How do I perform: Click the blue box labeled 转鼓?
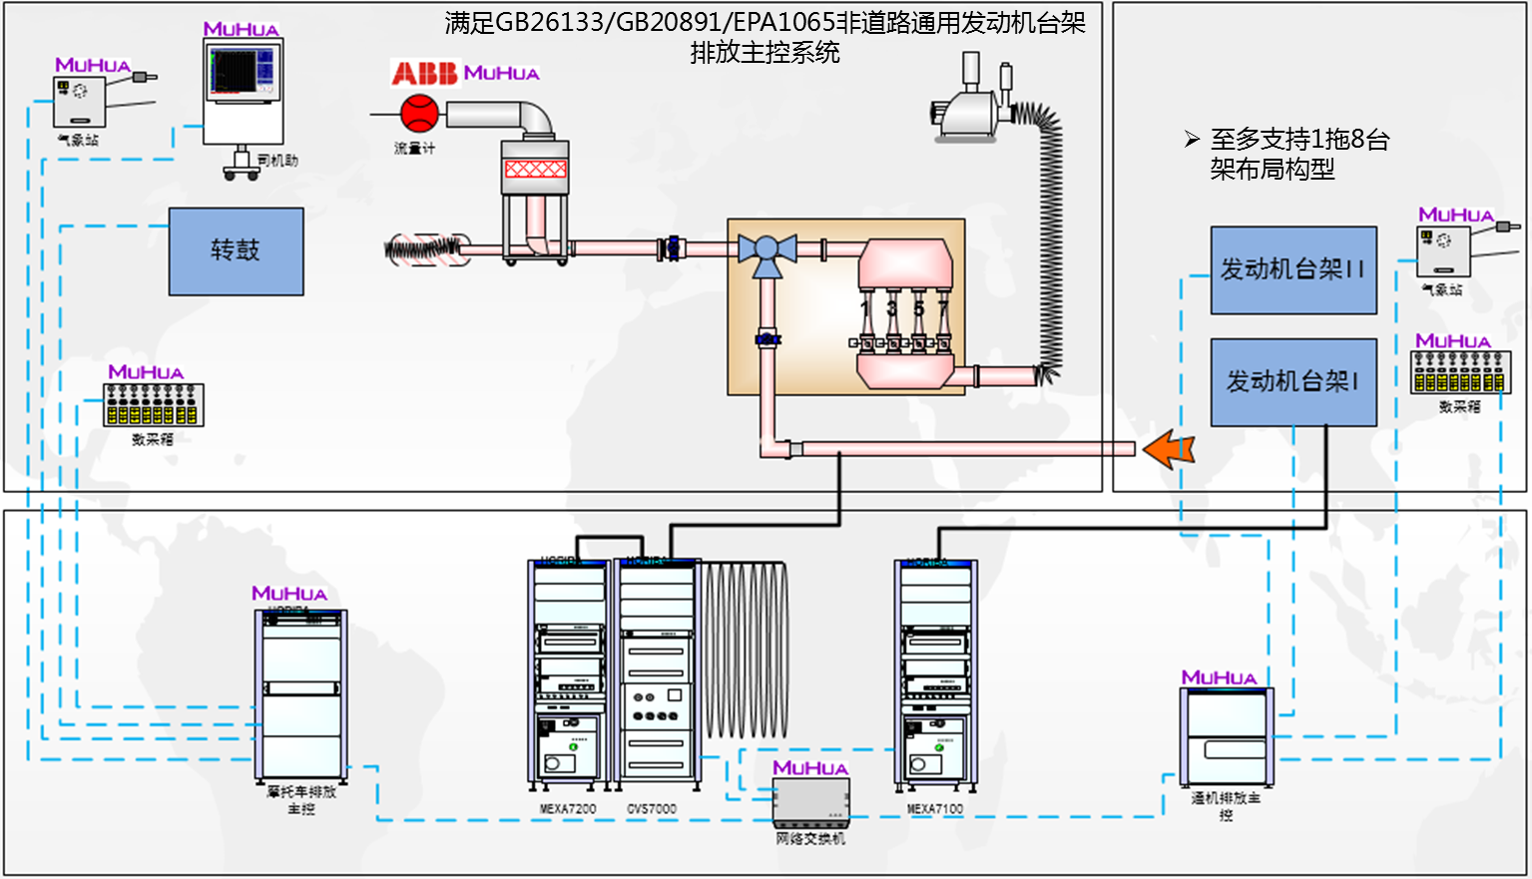236,251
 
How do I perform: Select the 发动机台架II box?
1293,269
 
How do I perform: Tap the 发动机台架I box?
1293,381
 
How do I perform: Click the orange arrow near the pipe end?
1168,449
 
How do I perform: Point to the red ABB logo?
423,73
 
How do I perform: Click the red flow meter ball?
419,113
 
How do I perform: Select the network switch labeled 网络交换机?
811,801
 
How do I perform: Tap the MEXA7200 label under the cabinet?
568,809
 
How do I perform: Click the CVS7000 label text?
652,809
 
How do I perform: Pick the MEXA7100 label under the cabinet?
935,809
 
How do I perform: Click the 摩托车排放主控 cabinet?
301,694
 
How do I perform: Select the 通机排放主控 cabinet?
1227,736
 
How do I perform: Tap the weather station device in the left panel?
79,101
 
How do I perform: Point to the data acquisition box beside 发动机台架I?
1460,372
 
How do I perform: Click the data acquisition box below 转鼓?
154,404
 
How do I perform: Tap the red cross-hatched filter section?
535,169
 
